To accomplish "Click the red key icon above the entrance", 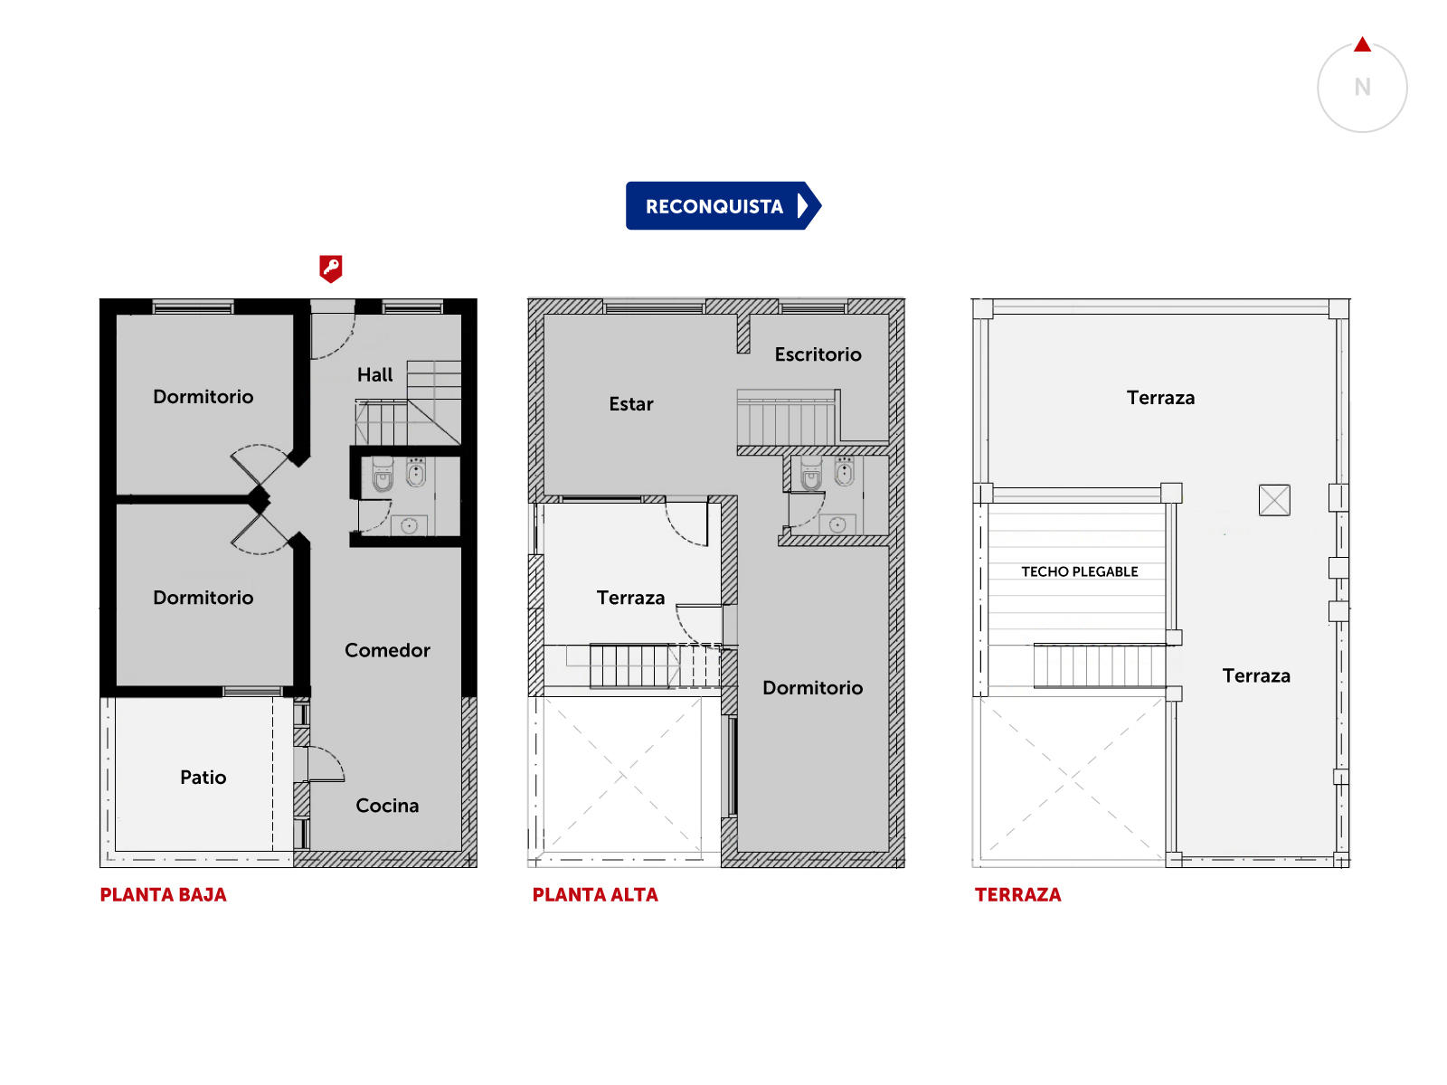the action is pos(330,269).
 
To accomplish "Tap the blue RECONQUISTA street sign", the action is pos(723,205).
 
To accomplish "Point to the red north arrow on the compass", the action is pos(1362,44).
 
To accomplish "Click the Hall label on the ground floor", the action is pos(374,375).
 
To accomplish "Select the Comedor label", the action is pos(387,650).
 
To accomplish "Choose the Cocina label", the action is pos(387,805).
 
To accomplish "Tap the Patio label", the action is pos(203,778).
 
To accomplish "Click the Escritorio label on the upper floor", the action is pos(818,354).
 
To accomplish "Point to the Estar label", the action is pos(631,404).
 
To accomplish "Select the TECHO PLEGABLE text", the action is pos(1079,571).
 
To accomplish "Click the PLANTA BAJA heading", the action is pos(163,894).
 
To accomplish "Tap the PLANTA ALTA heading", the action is pos(594,894).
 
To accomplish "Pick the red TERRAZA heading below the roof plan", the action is pos(1017,894).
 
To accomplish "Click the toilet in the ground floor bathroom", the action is pos(383,475).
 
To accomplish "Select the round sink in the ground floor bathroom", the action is pos(409,525).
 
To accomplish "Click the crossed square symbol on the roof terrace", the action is pos(1273,500).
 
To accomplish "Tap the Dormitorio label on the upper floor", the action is pos(812,688).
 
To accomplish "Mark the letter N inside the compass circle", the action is pos(1362,87).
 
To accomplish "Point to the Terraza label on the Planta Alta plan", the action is pos(630,598).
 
